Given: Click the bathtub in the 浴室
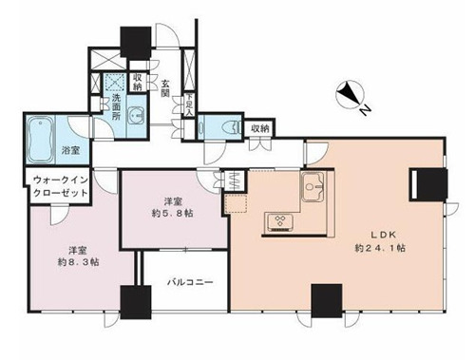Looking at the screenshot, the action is [40, 140].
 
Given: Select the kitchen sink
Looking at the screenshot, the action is [313, 187].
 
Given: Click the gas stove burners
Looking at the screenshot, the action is [280, 221].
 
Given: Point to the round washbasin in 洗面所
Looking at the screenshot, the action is [136, 116].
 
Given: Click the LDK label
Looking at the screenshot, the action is [384, 235].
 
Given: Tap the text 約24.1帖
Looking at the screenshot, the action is [380, 248].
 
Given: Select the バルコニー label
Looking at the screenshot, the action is [190, 282].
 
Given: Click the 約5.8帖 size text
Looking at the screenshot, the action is [172, 214].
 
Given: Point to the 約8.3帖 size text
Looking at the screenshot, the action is [78, 262].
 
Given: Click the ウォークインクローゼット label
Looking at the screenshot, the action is [61, 186].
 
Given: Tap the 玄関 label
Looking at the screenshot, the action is [165, 88].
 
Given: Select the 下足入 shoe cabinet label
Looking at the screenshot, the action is [189, 104].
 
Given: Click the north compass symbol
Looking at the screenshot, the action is [350, 94].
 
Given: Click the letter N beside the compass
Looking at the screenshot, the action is [365, 110].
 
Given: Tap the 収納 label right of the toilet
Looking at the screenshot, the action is [260, 128].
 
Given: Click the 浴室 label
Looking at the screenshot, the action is [70, 150].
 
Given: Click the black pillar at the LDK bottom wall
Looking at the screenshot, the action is [327, 300].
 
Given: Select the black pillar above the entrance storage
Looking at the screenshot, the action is [136, 43].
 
